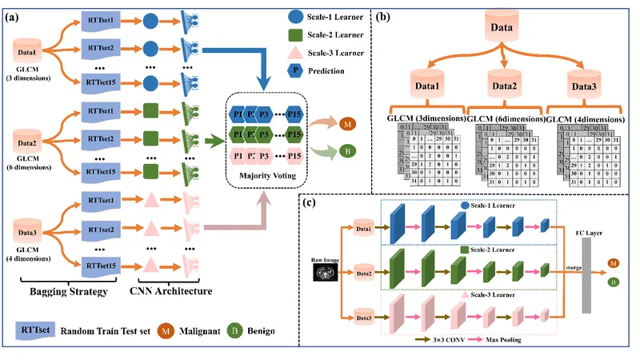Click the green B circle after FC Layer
click(613, 282)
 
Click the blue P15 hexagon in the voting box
click(294, 114)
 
